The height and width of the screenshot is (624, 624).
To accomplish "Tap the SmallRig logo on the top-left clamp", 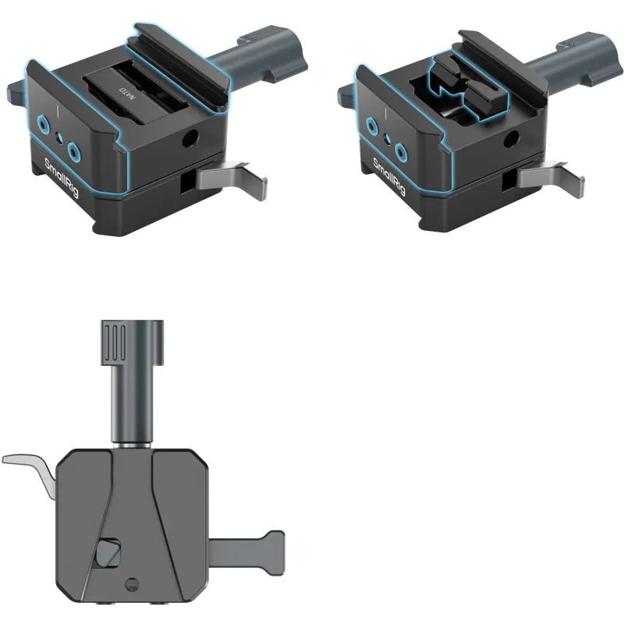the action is pos(62,178).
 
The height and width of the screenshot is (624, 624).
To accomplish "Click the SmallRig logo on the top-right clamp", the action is pos(388,176).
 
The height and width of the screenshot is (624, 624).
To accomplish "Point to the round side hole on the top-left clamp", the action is pos(190,138).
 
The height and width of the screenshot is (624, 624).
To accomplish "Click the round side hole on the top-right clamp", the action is pos(512,139).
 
